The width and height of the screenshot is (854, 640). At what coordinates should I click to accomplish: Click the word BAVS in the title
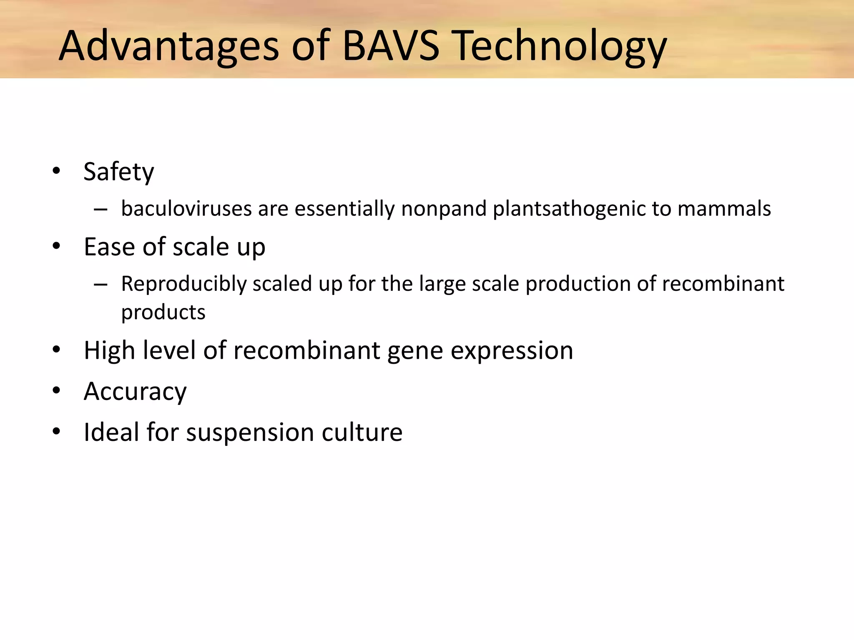[390, 46]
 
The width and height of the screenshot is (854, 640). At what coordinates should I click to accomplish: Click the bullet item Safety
[118, 172]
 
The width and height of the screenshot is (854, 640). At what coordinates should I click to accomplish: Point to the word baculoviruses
[186, 208]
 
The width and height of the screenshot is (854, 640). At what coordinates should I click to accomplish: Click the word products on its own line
[163, 312]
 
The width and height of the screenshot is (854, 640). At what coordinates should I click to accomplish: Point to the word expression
[512, 351]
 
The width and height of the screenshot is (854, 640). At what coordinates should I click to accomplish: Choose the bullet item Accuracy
[135, 392]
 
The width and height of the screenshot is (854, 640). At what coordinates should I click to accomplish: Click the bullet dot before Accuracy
[56, 391]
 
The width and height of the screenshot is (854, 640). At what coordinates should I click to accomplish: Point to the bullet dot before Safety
[56, 171]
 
